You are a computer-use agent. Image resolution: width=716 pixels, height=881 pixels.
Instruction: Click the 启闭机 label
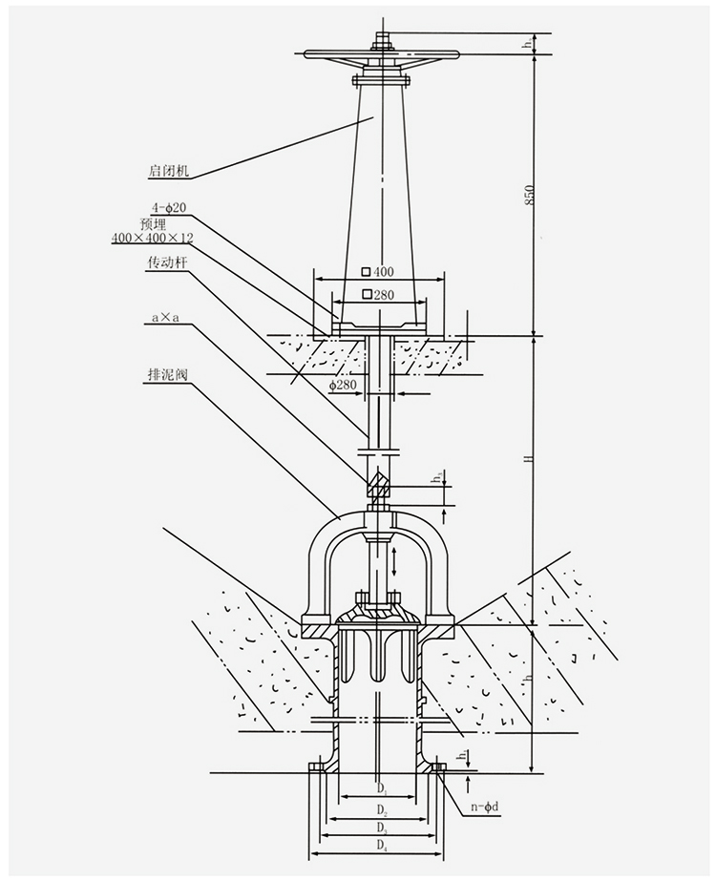(170, 173)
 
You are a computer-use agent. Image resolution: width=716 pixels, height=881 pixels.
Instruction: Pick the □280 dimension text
(378, 295)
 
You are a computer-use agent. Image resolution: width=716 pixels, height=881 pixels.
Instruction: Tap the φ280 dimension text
(342, 385)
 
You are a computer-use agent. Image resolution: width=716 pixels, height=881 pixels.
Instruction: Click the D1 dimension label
(381, 788)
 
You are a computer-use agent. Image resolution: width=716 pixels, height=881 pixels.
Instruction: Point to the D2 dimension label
(381, 809)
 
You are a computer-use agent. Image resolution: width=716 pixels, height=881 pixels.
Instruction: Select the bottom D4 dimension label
(381, 846)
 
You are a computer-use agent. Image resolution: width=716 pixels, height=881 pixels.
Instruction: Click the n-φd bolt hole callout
(484, 808)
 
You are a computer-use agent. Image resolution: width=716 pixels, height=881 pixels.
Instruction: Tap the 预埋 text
(153, 222)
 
